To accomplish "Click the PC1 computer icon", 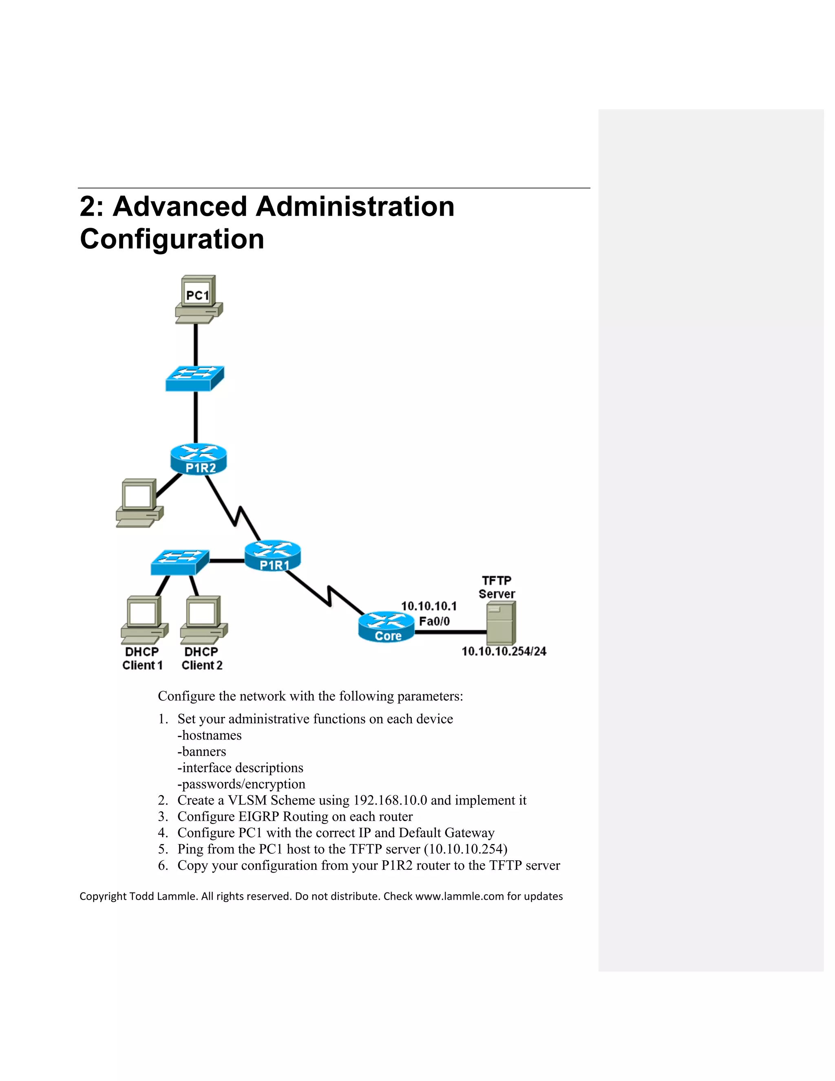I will [199, 299].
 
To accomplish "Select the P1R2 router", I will [199, 459].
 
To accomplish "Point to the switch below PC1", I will [194, 379].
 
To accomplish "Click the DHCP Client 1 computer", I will [144, 619].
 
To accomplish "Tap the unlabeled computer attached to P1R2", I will [139, 503].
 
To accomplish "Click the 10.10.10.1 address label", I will [429, 606].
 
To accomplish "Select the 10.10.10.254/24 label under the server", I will [504, 651].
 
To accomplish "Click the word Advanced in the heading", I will [180, 206].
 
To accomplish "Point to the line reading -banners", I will [202, 751].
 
